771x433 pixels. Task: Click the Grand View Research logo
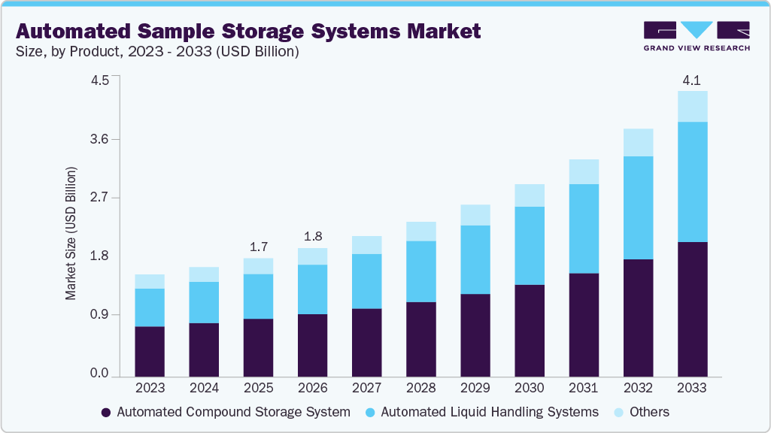click(696, 35)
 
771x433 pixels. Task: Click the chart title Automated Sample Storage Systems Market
click(247, 32)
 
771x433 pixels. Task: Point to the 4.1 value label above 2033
click(692, 80)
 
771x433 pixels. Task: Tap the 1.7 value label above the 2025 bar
click(259, 247)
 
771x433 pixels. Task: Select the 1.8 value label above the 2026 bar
click(313, 236)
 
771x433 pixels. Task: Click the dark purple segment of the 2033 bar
click(692, 308)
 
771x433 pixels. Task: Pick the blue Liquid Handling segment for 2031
click(584, 229)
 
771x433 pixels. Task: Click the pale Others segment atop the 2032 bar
click(638, 142)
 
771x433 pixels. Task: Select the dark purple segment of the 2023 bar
click(150, 350)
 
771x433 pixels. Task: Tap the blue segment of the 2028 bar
click(421, 271)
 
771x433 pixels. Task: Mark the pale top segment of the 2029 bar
click(475, 215)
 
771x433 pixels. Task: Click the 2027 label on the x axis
click(367, 389)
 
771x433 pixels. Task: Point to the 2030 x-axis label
click(530, 389)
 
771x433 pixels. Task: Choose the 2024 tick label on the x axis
click(204, 389)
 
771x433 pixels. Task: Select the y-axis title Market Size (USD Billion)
click(71, 234)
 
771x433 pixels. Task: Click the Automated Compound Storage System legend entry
click(226, 412)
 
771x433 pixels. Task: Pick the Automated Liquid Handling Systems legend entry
click(481, 412)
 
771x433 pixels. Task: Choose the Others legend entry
click(642, 412)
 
